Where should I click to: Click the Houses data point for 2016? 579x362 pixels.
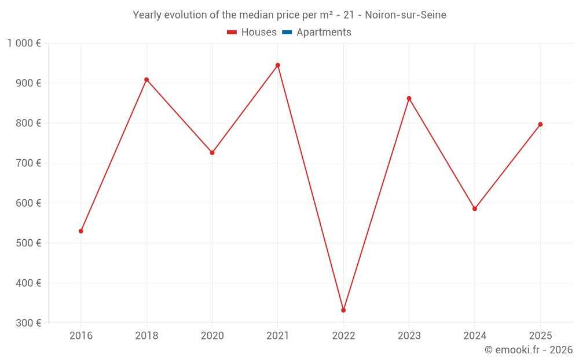tap(81, 231)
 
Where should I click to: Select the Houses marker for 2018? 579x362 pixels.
tap(146, 80)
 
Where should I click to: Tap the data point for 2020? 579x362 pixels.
tap(212, 153)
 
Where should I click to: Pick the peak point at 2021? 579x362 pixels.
tap(278, 65)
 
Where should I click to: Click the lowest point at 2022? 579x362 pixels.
tap(343, 310)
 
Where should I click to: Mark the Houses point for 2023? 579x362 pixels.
tap(409, 98)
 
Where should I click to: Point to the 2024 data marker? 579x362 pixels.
tap(475, 209)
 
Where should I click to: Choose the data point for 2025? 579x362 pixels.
tap(540, 125)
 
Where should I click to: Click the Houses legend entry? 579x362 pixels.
tap(252, 32)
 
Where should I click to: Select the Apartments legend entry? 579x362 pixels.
tap(317, 32)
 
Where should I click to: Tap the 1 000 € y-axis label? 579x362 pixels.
tap(24, 43)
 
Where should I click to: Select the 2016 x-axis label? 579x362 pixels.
tap(81, 335)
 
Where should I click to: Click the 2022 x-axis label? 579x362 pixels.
tap(343, 335)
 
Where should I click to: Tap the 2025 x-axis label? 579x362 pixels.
tap(540, 335)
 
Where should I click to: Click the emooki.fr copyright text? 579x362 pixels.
tap(529, 350)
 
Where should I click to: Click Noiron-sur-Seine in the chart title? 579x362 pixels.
tap(405, 15)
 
